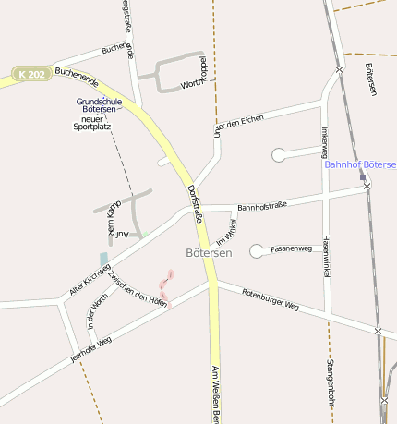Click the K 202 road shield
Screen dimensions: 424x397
(31, 74)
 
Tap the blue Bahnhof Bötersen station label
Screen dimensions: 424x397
(360, 164)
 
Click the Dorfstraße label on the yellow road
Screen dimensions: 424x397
(194, 204)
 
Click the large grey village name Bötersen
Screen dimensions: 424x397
(209, 251)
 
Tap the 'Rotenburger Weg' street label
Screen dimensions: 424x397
(271, 298)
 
